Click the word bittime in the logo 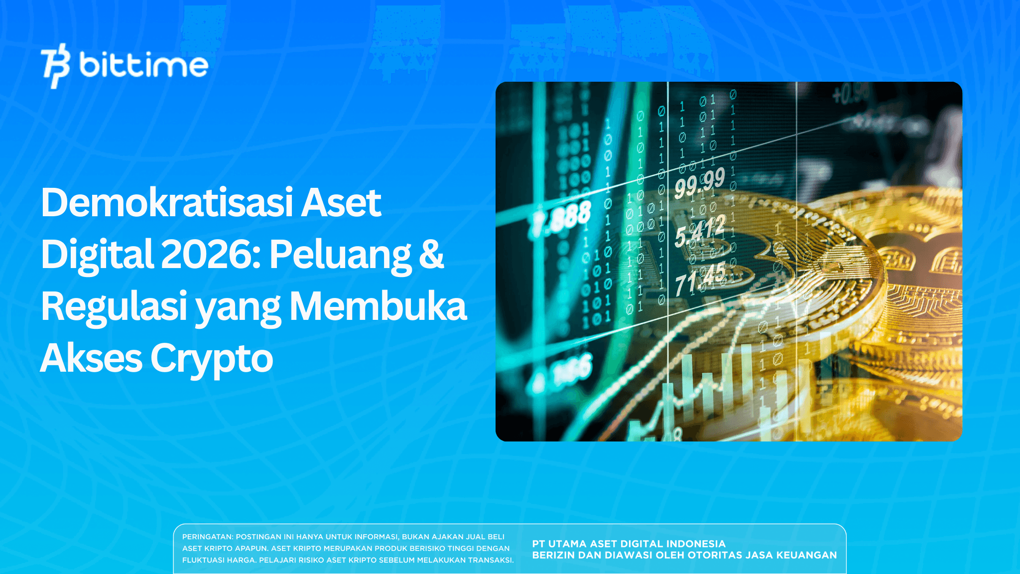pyautogui.click(x=143, y=66)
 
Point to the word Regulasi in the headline pyautogui.click(x=114, y=306)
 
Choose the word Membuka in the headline pyautogui.click(x=378, y=306)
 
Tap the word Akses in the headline pyautogui.click(x=91, y=358)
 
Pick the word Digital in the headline pyautogui.click(x=97, y=255)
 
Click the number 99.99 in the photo pyautogui.click(x=700, y=183)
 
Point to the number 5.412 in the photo pyautogui.click(x=700, y=231)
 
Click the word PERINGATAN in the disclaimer pyautogui.click(x=207, y=537)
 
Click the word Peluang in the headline pyautogui.click(x=341, y=255)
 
